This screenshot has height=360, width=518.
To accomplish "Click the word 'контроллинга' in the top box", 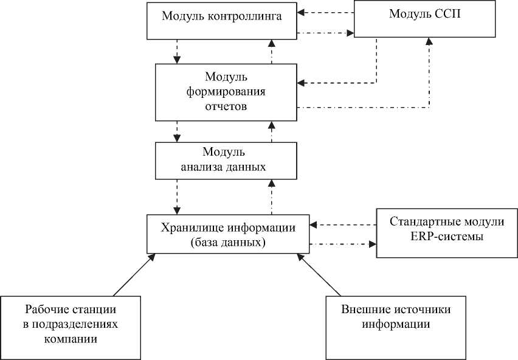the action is (245, 16).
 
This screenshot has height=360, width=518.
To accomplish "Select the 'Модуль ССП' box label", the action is (424, 14).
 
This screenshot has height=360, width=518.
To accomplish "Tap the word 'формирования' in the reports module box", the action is (226, 91).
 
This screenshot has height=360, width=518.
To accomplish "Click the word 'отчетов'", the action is (226, 106).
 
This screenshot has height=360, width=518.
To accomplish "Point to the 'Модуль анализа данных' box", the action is (226, 161).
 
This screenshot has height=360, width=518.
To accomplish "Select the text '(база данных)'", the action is (228, 243).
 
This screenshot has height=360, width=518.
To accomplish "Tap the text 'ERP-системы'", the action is (447, 237).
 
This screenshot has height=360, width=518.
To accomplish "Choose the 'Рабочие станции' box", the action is (71, 328).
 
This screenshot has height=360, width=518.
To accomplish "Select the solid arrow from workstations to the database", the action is (134, 275).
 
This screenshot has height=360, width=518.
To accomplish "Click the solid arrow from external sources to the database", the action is (319, 275).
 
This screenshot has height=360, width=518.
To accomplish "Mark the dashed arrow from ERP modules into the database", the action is (343, 225).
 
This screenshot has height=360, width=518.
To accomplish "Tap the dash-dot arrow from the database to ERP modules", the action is (343, 244).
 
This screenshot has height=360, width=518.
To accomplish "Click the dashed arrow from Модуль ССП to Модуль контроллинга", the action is (325, 13).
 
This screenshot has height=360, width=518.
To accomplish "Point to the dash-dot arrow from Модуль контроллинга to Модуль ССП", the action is (325, 33).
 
